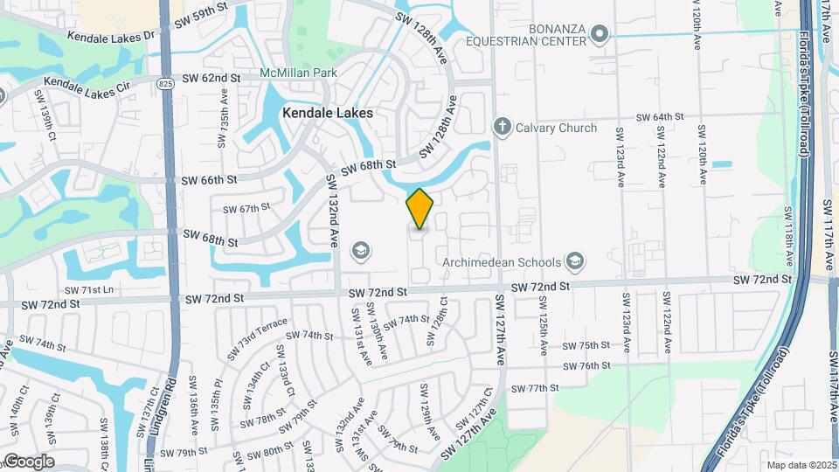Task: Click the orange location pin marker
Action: tap(419, 208)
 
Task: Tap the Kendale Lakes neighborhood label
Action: tap(327, 113)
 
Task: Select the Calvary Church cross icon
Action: tap(502, 128)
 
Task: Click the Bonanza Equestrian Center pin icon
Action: tap(599, 35)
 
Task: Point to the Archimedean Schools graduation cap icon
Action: tap(575, 260)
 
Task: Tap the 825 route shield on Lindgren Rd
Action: tap(165, 81)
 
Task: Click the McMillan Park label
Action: tap(298, 73)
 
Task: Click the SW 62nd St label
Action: tap(211, 79)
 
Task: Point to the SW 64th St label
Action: tap(659, 116)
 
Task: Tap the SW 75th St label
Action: tap(586, 345)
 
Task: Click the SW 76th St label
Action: tap(586, 366)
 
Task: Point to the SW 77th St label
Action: tap(534, 387)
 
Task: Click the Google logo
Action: tap(29, 462)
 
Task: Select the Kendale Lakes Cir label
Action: tap(80, 83)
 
